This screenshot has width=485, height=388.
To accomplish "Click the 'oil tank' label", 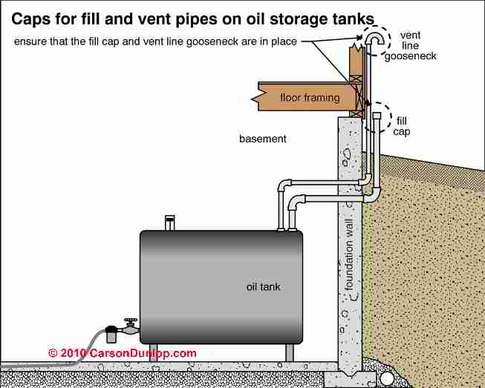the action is coord(263,287).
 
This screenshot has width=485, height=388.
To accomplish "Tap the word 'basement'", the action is coord(263,139).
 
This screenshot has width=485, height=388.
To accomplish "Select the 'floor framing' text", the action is coord(310,98).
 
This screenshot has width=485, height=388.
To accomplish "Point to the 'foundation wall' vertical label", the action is coord(349,255).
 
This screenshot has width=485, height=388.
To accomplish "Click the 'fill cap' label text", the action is coord(402,126).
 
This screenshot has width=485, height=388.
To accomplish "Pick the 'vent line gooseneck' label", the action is coord(411,45).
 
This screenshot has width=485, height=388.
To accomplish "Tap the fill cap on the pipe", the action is coord(377,115).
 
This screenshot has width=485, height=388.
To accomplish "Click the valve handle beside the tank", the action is coord(131,320).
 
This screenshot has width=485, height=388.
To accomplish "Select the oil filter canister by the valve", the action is coord(111,334).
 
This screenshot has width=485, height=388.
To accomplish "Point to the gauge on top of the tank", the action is coord(169,223).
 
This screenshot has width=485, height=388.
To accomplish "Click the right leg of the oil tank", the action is coord(290,352).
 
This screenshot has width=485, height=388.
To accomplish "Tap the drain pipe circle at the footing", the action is coord(386,378).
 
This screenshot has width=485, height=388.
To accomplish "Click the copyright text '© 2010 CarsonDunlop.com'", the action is coord(122,353).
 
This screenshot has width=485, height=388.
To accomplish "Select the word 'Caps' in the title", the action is coord(30,19).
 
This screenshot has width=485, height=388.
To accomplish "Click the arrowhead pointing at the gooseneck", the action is coord(359,38).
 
